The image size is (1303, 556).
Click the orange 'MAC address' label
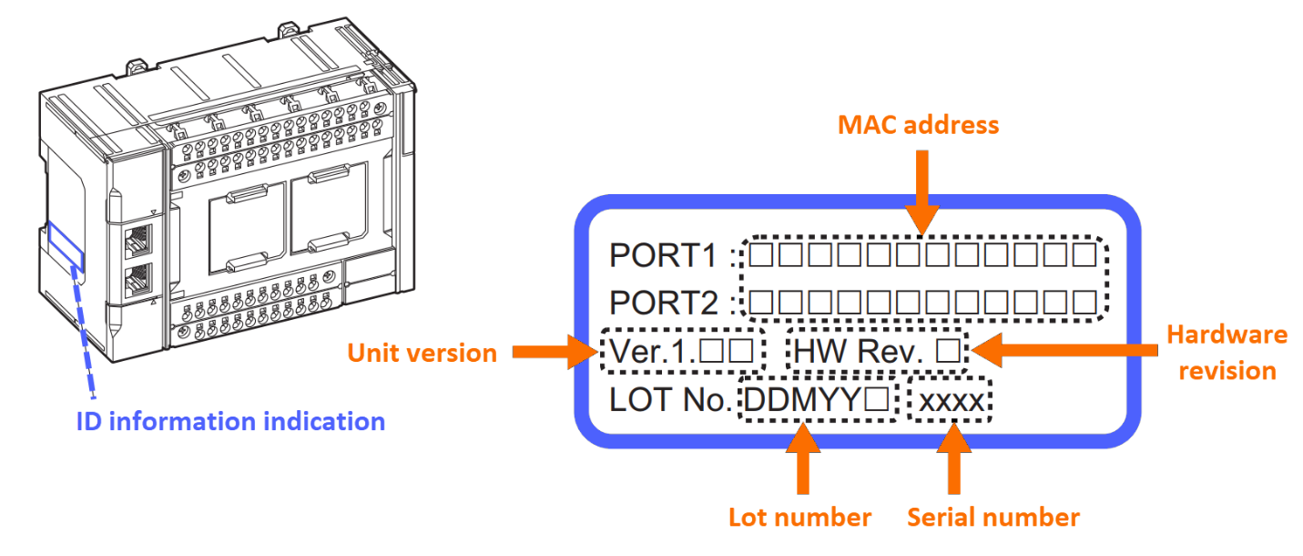918,124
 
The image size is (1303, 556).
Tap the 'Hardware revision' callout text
1227,353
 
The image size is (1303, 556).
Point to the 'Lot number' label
799,518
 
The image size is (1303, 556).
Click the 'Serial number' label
993,518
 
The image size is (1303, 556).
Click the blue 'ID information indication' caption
230,421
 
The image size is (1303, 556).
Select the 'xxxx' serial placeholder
951,400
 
